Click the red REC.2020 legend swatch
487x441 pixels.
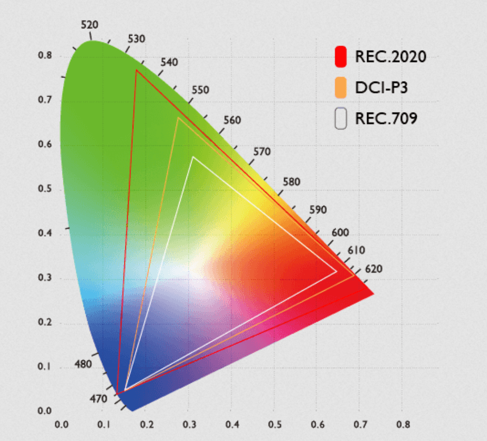340,57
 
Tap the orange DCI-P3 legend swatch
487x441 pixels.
340,88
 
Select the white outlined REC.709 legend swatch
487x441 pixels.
340,119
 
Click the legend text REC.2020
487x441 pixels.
390,57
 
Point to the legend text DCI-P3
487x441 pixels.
382,88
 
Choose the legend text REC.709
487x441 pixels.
386,119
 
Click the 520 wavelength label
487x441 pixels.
89,25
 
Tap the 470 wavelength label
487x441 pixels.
98,399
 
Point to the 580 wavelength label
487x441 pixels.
291,182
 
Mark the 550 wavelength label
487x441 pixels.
200,90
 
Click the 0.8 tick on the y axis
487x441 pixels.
45,56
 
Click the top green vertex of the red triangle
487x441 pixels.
136,70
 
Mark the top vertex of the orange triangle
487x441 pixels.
178,118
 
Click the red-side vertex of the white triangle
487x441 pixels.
336,271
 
